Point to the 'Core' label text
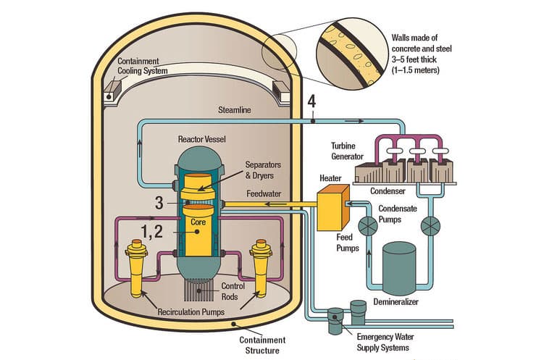[x=198, y=223]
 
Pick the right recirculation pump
[x=261, y=268]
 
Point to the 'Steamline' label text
[x=235, y=111]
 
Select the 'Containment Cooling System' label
[x=143, y=66]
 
